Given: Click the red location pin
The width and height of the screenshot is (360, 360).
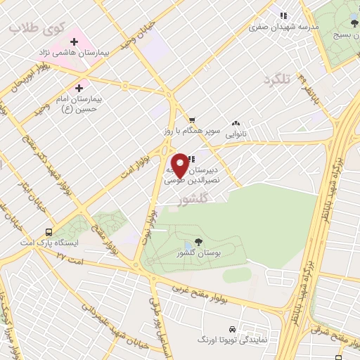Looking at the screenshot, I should (x=180, y=165).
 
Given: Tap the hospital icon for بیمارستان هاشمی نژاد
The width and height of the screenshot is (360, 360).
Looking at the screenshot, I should (x=74, y=42).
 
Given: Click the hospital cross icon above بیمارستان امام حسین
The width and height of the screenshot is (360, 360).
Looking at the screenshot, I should (x=78, y=89).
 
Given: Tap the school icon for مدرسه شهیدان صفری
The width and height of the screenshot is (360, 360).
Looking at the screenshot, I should (x=283, y=15).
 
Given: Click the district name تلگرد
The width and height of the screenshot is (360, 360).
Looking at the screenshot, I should (x=276, y=80).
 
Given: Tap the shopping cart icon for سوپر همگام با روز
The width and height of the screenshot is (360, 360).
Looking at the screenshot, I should (x=191, y=120).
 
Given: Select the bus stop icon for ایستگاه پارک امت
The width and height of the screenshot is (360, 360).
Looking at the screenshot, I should (x=49, y=232).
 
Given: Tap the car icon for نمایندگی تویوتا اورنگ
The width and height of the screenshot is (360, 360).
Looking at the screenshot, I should (x=232, y=329).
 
